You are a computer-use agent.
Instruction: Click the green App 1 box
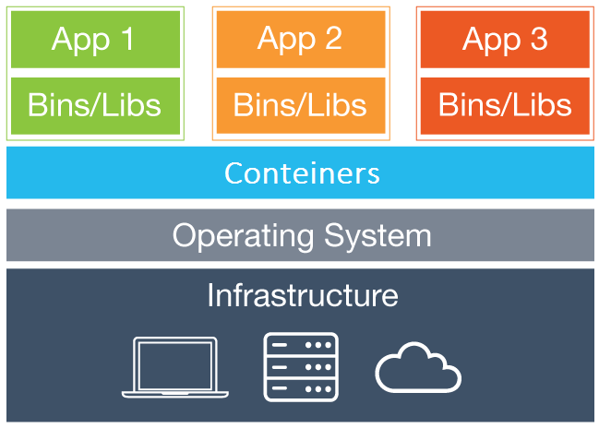(x=95, y=40)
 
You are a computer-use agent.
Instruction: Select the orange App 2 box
(x=300, y=40)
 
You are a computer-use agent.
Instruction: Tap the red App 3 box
(x=505, y=40)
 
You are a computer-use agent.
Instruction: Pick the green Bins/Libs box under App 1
(x=95, y=105)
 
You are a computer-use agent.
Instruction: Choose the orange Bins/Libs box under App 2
(x=300, y=105)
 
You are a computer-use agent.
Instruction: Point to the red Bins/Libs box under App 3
(x=505, y=105)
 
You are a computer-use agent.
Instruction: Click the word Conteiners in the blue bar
(x=302, y=172)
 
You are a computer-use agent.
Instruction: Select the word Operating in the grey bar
(x=242, y=235)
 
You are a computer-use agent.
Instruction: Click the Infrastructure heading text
(x=302, y=295)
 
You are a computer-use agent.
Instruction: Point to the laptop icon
(x=174, y=367)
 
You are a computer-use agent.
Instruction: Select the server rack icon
(x=301, y=366)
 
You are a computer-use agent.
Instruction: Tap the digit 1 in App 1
(x=126, y=40)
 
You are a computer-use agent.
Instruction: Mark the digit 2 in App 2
(x=332, y=40)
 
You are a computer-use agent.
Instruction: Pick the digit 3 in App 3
(x=537, y=40)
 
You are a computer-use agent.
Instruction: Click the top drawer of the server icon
(x=301, y=345)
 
